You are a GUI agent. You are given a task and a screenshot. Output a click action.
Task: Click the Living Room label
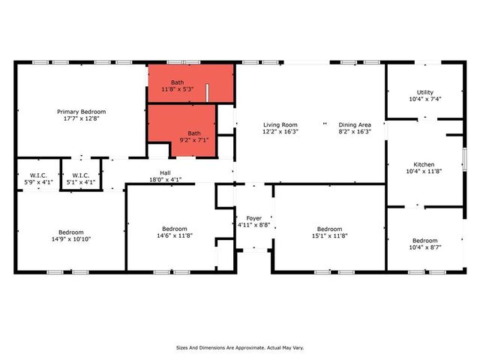[x=280, y=124]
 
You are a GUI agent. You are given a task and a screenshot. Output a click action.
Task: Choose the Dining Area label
[x=355, y=124]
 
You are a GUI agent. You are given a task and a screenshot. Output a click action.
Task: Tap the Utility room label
[x=425, y=92]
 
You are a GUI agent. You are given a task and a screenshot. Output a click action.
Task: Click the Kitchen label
[x=424, y=165]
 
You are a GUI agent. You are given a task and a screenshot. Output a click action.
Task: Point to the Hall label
[x=165, y=172]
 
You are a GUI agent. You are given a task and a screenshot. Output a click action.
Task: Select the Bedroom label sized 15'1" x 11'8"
[x=329, y=229]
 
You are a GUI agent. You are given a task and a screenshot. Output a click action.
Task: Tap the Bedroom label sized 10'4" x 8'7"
[x=424, y=240]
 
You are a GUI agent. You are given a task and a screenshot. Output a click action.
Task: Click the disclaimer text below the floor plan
[x=240, y=348]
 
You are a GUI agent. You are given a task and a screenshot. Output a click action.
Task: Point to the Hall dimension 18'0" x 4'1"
[x=165, y=179]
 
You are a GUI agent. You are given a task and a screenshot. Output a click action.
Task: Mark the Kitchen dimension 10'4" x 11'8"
[x=424, y=172]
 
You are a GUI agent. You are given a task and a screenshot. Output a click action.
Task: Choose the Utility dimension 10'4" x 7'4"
[x=425, y=99]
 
